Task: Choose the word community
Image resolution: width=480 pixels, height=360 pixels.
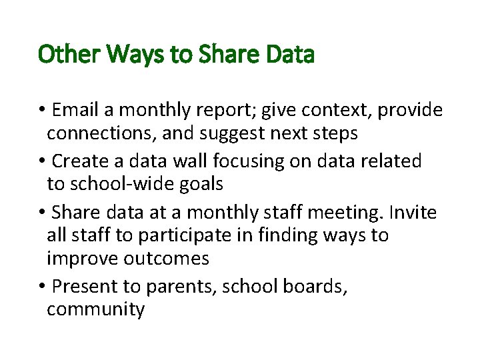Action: (95, 309)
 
